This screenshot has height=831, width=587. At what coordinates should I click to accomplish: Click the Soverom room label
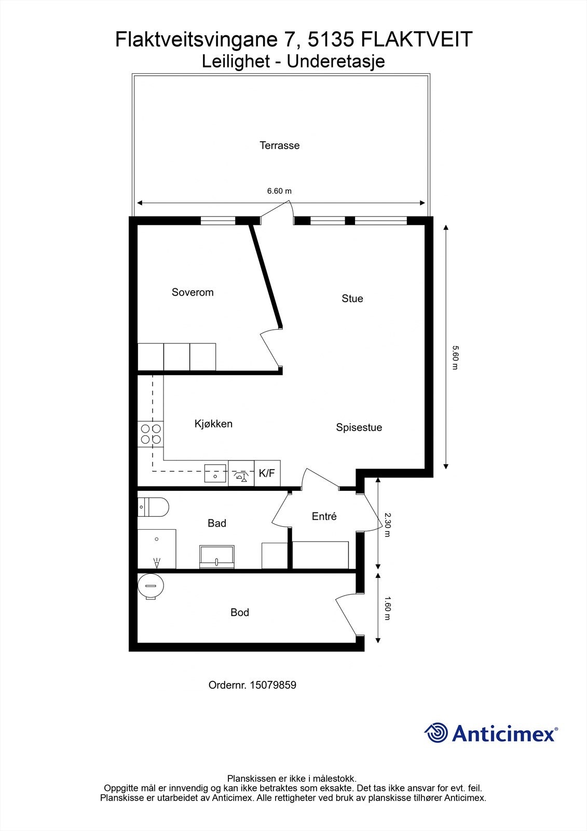point(193,292)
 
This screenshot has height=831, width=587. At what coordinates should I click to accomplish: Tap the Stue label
point(352,299)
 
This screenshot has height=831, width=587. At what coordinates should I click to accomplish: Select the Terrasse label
point(280,145)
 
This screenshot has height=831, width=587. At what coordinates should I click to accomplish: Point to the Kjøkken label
point(213,424)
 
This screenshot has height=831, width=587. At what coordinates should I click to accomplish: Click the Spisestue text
point(359,427)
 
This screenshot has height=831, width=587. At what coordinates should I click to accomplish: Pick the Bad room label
point(217,523)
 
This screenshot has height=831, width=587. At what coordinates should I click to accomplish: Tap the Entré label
point(324,516)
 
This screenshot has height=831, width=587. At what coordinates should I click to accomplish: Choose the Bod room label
point(240,612)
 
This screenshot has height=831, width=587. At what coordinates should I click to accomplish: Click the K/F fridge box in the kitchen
point(267,473)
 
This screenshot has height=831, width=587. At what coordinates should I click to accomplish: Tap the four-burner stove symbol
point(151,434)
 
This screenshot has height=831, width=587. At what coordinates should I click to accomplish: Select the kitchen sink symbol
point(215,473)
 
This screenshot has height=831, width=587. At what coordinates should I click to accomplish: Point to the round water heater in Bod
point(151,585)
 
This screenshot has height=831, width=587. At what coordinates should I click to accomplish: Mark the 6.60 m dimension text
point(279,191)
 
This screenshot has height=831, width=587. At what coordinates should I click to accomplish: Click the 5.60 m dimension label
point(455,357)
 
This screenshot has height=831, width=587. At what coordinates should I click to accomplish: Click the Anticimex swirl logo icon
point(436,733)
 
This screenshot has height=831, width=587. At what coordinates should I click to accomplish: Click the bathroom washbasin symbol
point(216,556)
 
